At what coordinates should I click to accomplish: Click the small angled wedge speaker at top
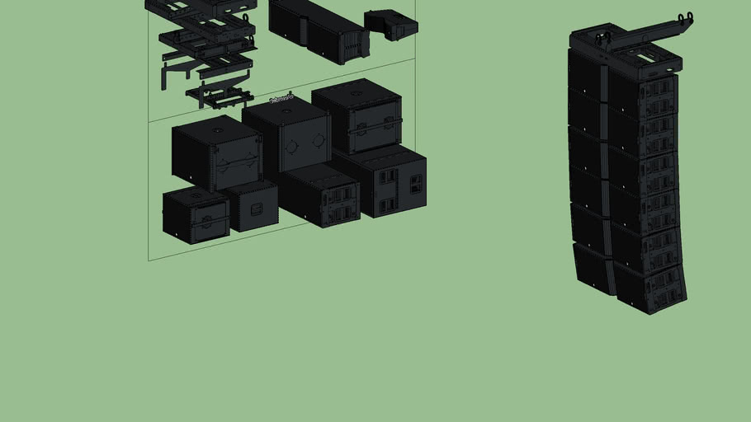(x=391, y=24)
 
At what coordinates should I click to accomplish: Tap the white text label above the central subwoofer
(x=281, y=100)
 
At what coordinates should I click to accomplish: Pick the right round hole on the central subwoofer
(x=318, y=141)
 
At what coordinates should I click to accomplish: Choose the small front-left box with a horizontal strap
(x=196, y=215)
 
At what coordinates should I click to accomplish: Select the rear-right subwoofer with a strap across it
(x=357, y=117)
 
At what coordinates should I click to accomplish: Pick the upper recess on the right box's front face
(x=386, y=177)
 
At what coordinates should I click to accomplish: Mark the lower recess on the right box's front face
(x=386, y=204)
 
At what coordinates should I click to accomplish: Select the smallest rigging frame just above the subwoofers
(x=220, y=95)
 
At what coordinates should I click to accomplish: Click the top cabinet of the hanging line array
(x=623, y=79)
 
